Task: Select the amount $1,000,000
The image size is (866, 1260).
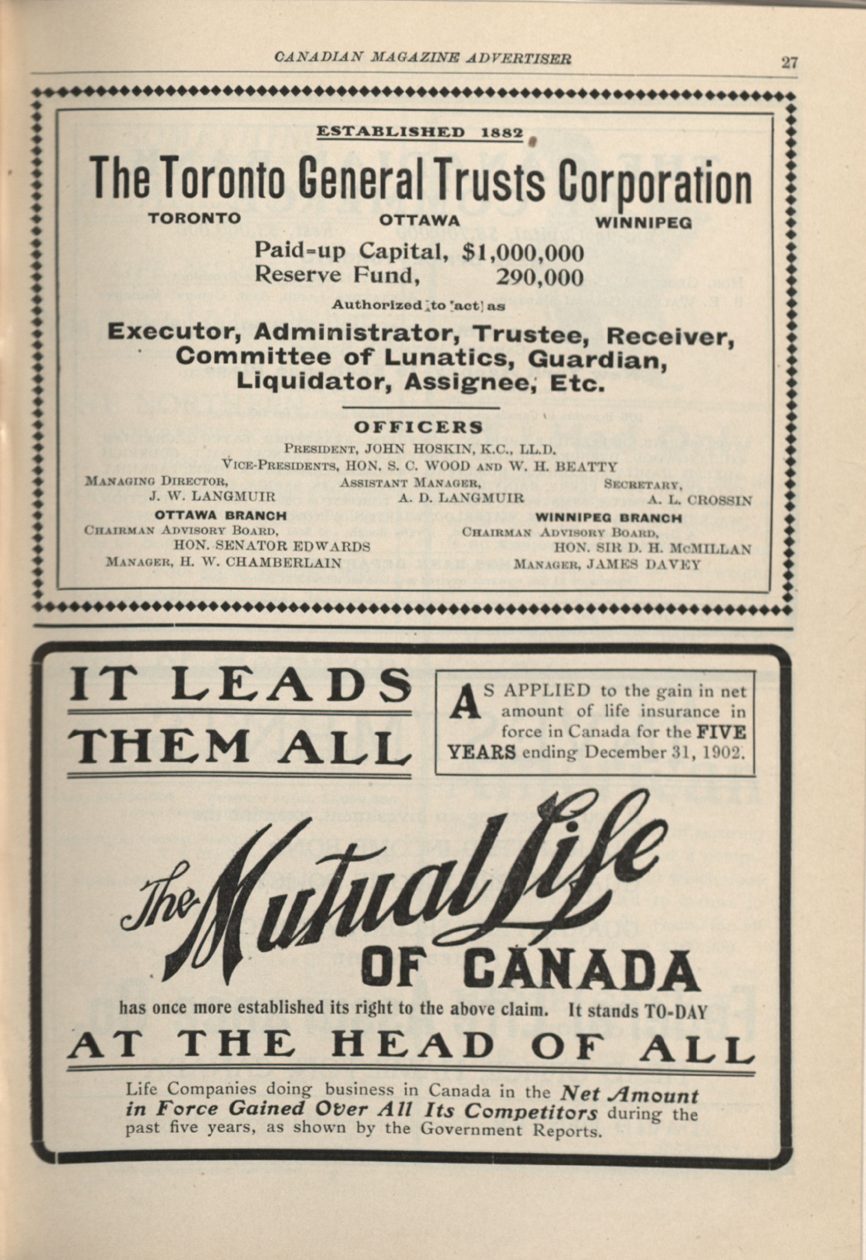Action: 524,252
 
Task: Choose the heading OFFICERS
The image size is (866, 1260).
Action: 418,427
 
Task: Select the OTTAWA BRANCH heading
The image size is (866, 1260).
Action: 221,515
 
